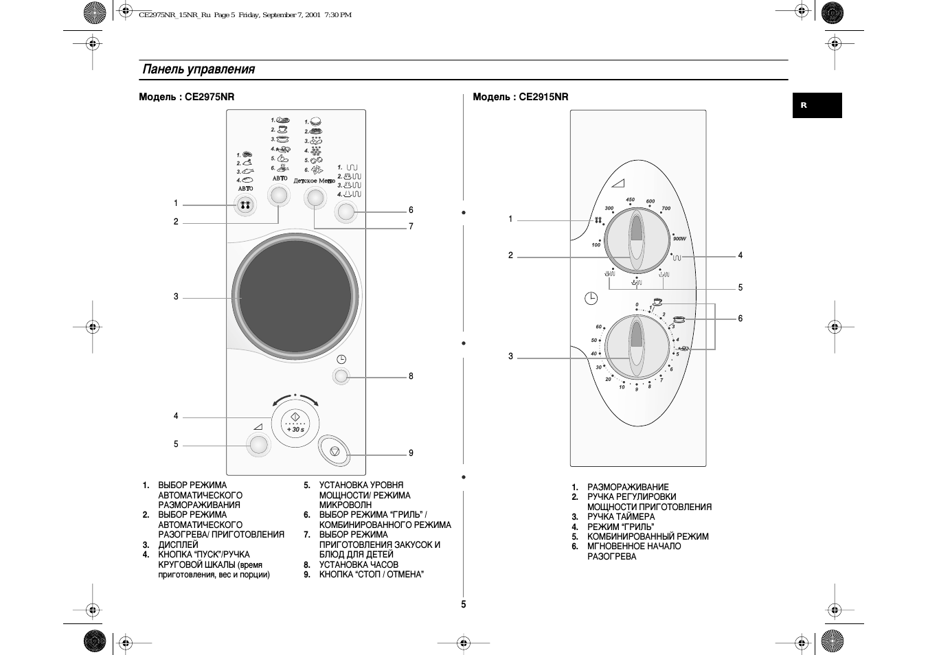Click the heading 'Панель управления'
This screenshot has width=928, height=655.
click(x=199, y=69)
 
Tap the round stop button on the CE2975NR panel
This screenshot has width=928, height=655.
click(x=335, y=451)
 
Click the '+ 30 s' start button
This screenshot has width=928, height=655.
click(x=295, y=422)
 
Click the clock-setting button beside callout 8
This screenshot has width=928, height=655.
click(x=341, y=376)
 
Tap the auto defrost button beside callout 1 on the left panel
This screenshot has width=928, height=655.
click(x=245, y=205)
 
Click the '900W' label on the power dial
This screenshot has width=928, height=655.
click(x=679, y=238)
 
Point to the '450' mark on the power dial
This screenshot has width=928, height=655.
click(x=630, y=200)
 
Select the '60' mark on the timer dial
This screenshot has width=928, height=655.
click(x=598, y=327)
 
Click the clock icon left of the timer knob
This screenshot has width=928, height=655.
click(x=591, y=298)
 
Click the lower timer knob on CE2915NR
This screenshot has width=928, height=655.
click(x=637, y=347)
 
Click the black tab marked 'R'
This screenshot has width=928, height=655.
click(x=816, y=106)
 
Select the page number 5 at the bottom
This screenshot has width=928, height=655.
click(x=464, y=604)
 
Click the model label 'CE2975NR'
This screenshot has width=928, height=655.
click(x=210, y=97)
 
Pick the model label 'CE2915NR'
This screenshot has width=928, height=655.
click(x=543, y=97)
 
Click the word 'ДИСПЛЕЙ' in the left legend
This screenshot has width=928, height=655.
click(x=178, y=544)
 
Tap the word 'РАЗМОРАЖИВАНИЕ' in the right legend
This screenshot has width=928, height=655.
click(x=628, y=487)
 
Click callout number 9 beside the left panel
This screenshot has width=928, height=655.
click(x=411, y=453)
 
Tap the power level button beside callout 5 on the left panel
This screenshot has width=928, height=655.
click(x=259, y=446)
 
